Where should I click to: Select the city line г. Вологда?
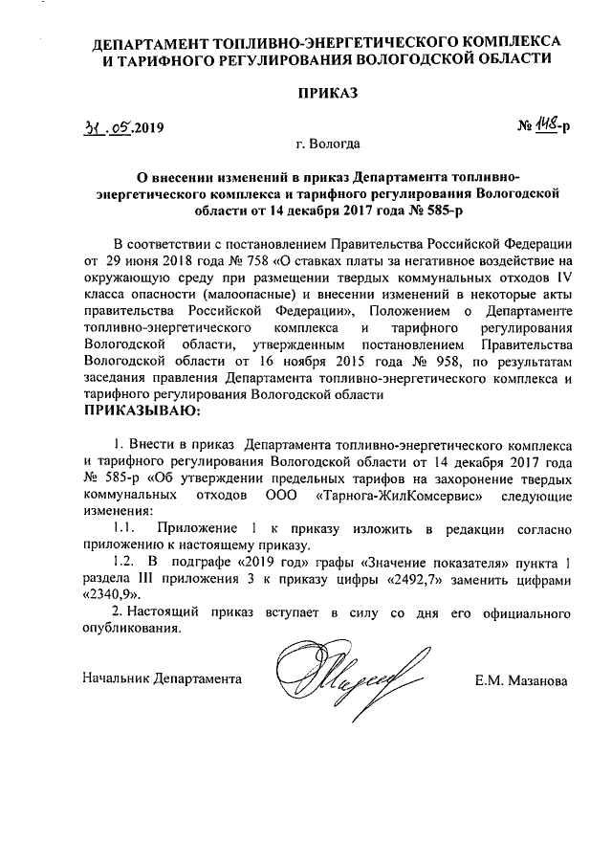328,146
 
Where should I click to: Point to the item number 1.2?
124,565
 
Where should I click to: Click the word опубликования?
132,630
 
